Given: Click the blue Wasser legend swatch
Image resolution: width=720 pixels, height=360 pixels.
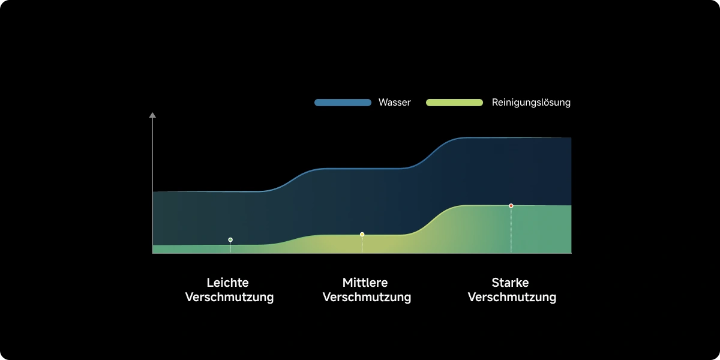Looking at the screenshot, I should pyautogui.click(x=343, y=103).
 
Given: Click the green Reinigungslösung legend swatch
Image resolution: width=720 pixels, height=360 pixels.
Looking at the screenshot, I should pyautogui.click(x=454, y=103).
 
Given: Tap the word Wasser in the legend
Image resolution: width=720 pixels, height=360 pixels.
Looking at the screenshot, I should pyautogui.click(x=394, y=103).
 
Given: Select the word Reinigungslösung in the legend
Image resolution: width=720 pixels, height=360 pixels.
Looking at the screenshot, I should pyautogui.click(x=531, y=103).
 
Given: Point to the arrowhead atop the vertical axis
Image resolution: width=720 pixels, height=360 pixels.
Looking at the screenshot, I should pyautogui.click(x=152, y=115).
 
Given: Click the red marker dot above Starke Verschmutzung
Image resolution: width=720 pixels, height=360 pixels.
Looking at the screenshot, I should pyautogui.click(x=511, y=206).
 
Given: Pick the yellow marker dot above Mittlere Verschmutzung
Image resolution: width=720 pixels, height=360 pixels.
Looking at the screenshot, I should pyautogui.click(x=362, y=234).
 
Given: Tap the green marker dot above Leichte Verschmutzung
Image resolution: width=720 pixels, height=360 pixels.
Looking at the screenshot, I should pyautogui.click(x=230, y=240).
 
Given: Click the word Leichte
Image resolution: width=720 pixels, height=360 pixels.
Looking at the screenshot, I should pyautogui.click(x=227, y=283).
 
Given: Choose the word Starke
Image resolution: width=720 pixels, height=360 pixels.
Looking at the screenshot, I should pyautogui.click(x=510, y=283).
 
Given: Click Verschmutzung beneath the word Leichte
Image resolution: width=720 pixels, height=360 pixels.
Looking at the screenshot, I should pyautogui.click(x=229, y=298).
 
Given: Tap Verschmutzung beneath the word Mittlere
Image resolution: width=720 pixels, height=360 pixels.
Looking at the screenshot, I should pyautogui.click(x=367, y=298).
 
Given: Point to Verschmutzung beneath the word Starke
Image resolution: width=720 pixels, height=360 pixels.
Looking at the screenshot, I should pyautogui.click(x=512, y=298).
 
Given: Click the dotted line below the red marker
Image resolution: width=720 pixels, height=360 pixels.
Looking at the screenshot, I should pyautogui.click(x=511, y=231).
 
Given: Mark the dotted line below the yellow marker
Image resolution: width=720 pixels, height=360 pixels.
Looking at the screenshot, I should pyautogui.click(x=362, y=245).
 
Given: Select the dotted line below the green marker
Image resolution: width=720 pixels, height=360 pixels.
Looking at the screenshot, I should pyautogui.click(x=230, y=248).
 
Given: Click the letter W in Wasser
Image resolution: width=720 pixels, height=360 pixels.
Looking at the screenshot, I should pyautogui.click(x=383, y=103).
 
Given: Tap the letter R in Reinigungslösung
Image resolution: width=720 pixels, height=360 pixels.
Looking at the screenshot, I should pyautogui.click(x=495, y=103).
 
